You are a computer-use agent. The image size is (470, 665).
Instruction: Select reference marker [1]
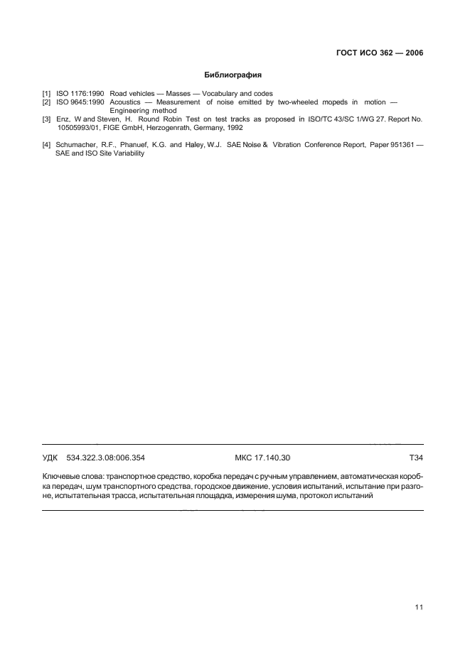point(46,94)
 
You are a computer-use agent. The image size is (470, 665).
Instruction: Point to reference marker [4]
point(46,146)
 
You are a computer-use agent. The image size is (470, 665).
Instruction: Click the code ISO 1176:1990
point(80,94)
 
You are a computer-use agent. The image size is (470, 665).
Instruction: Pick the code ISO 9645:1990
point(80,102)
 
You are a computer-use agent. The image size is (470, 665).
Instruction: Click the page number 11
point(419,607)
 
